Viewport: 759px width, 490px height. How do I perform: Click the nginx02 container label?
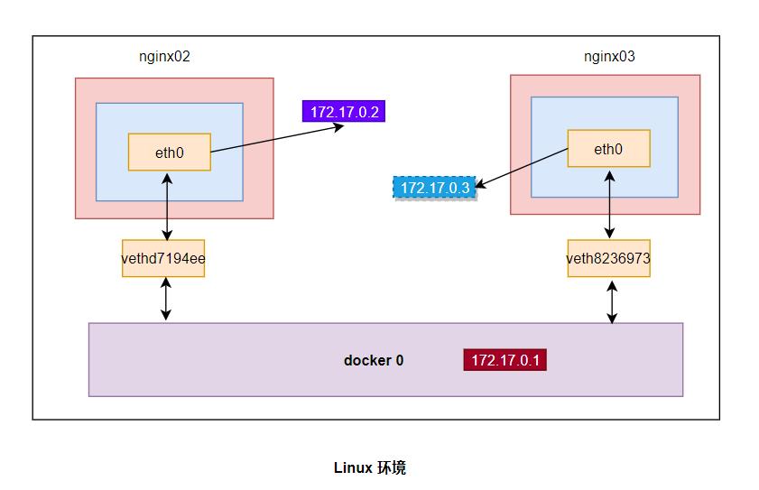click(163, 56)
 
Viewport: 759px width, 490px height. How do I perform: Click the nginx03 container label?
click(609, 56)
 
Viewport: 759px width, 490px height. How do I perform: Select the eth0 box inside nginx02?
click(169, 153)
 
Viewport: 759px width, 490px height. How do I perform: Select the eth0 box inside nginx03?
click(608, 149)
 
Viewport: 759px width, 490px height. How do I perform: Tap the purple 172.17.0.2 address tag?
click(343, 112)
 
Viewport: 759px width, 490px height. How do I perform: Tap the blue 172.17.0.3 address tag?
click(434, 188)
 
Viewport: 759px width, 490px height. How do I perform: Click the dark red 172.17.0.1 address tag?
click(504, 360)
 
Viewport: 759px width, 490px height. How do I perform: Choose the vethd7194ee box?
click(163, 258)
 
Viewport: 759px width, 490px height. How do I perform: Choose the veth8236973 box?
click(608, 258)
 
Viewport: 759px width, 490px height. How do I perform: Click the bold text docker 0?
click(373, 360)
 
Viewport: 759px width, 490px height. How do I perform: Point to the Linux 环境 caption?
click(369, 467)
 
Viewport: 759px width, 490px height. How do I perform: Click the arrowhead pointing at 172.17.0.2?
click(340, 126)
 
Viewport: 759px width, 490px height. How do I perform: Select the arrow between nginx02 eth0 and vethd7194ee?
click(168, 205)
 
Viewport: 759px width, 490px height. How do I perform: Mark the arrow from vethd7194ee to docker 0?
click(165, 300)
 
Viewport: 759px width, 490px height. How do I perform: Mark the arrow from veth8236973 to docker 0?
click(613, 300)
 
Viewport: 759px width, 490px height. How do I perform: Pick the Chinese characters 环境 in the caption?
click(392, 467)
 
